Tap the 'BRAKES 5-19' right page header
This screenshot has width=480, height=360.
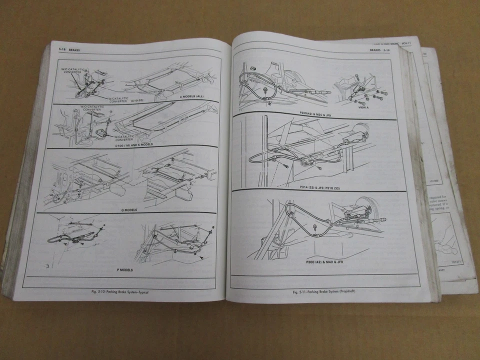click(379, 51)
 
